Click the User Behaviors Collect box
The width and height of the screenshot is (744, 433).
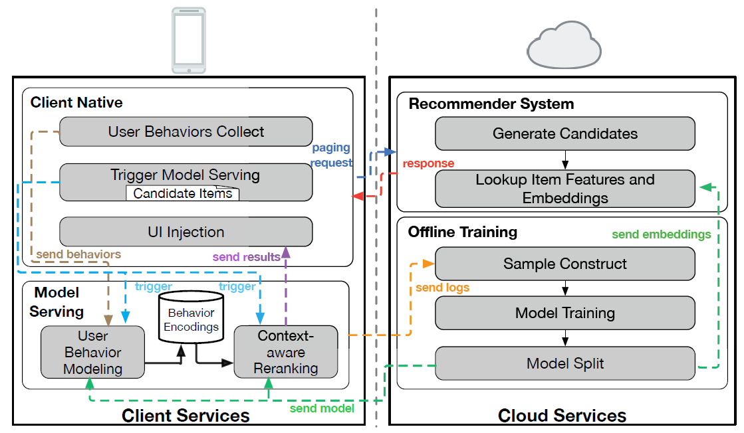[186, 131]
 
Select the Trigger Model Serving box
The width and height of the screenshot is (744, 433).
[186, 175]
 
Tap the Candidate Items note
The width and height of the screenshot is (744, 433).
[183, 193]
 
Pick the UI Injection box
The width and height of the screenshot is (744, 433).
[186, 232]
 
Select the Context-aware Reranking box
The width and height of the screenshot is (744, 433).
[285, 351]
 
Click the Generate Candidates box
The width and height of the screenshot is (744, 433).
[564, 133]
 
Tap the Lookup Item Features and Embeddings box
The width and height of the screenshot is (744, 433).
[564, 189]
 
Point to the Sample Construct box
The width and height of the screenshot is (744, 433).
[564, 264]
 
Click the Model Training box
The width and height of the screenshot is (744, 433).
[564, 313]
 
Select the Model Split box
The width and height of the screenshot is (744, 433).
[564, 363]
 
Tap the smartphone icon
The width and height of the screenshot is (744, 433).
[189, 41]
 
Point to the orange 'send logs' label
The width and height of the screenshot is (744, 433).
[442, 288]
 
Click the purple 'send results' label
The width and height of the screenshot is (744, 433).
[246, 257]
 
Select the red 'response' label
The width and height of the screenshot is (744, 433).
[428, 163]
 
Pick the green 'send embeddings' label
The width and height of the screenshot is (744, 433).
[661, 234]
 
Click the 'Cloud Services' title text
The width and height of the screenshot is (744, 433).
[562, 416]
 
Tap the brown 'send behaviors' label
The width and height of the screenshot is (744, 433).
[78, 254]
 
